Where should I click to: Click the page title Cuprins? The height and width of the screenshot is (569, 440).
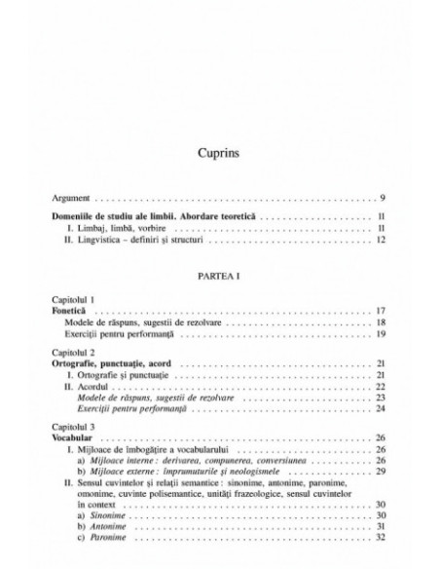pyautogui.click(x=219, y=152)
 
